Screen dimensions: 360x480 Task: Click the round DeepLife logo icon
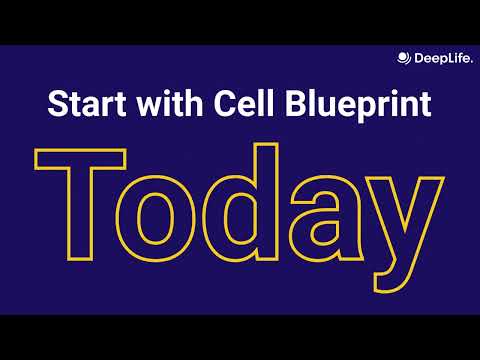click(x=404, y=57)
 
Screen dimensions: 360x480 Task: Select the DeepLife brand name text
click(x=439, y=57)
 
